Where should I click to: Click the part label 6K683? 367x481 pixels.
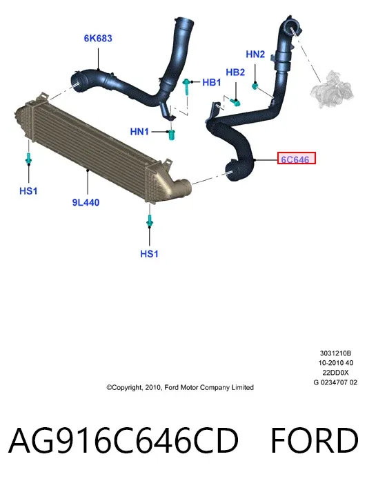[x=98, y=39]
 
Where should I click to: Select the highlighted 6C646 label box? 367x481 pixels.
[x=296, y=158]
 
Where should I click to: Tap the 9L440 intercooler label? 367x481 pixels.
[x=86, y=202]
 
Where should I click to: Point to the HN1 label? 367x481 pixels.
[x=139, y=132]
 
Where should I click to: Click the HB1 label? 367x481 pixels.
[x=212, y=82]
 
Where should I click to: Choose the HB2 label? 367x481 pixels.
[x=235, y=72]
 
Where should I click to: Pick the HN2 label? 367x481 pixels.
[x=255, y=55]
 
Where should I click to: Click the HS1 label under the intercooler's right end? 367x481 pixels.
[x=149, y=254]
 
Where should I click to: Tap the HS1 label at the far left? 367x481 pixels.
[x=28, y=191]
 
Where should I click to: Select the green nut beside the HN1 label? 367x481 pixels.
[x=172, y=135]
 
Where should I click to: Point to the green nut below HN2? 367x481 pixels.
[x=255, y=86]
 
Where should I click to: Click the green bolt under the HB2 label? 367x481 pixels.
[x=237, y=102]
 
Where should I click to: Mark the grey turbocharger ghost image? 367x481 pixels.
[x=332, y=89]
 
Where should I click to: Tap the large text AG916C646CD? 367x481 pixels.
[x=123, y=440]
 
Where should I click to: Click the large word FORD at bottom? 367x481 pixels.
[x=315, y=440]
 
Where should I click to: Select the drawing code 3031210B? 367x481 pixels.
[x=335, y=353]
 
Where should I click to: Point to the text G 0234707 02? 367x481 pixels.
[x=335, y=382]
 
